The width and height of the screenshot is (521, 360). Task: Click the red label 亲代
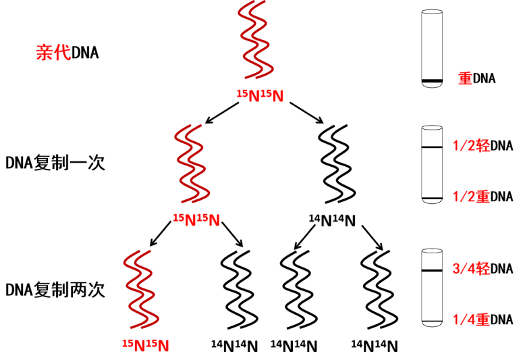pyautogui.click(x=53, y=53)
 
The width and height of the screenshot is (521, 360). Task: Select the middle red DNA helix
pyautogui.click(x=192, y=164)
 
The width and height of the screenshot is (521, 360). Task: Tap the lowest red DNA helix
pyautogui.click(x=140, y=290)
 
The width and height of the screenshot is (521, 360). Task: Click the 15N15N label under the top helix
pyautogui.click(x=260, y=96)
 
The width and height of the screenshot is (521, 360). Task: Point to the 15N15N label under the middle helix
pyautogui.click(x=196, y=220)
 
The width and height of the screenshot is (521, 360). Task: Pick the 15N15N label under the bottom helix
pyautogui.click(x=145, y=346)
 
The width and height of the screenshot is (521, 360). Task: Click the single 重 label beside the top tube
pyautogui.click(x=465, y=78)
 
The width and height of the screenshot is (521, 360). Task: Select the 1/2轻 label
pyautogui.click(x=471, y=145)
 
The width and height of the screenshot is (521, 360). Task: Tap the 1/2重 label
pyautogui.click(x=471, y=197)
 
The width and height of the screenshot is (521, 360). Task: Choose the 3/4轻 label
pyautogui.click(x=471, y=268)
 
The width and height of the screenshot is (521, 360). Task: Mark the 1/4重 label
pyautogui.click(x=471, y=319)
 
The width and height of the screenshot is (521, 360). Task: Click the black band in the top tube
pyautogui.click(x=432, y=82)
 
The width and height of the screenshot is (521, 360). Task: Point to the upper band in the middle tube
pyautogui.click(x=432, y=147)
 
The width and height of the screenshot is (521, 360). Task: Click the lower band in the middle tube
pyautogui.click(x=432, y=197)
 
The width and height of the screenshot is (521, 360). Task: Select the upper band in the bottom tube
pyautogui.click(x=432, y=271)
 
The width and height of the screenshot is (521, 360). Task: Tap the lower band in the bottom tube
pyautogui.click(x=432, y=321)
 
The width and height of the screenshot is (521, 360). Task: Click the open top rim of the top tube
pyautogui.click(x=432, y=11)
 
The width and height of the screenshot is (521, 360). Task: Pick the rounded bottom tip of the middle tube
pyautogui.click(x=432, y=201)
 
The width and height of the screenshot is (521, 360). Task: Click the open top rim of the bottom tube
pyautogui.click(x=432, y=251)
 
